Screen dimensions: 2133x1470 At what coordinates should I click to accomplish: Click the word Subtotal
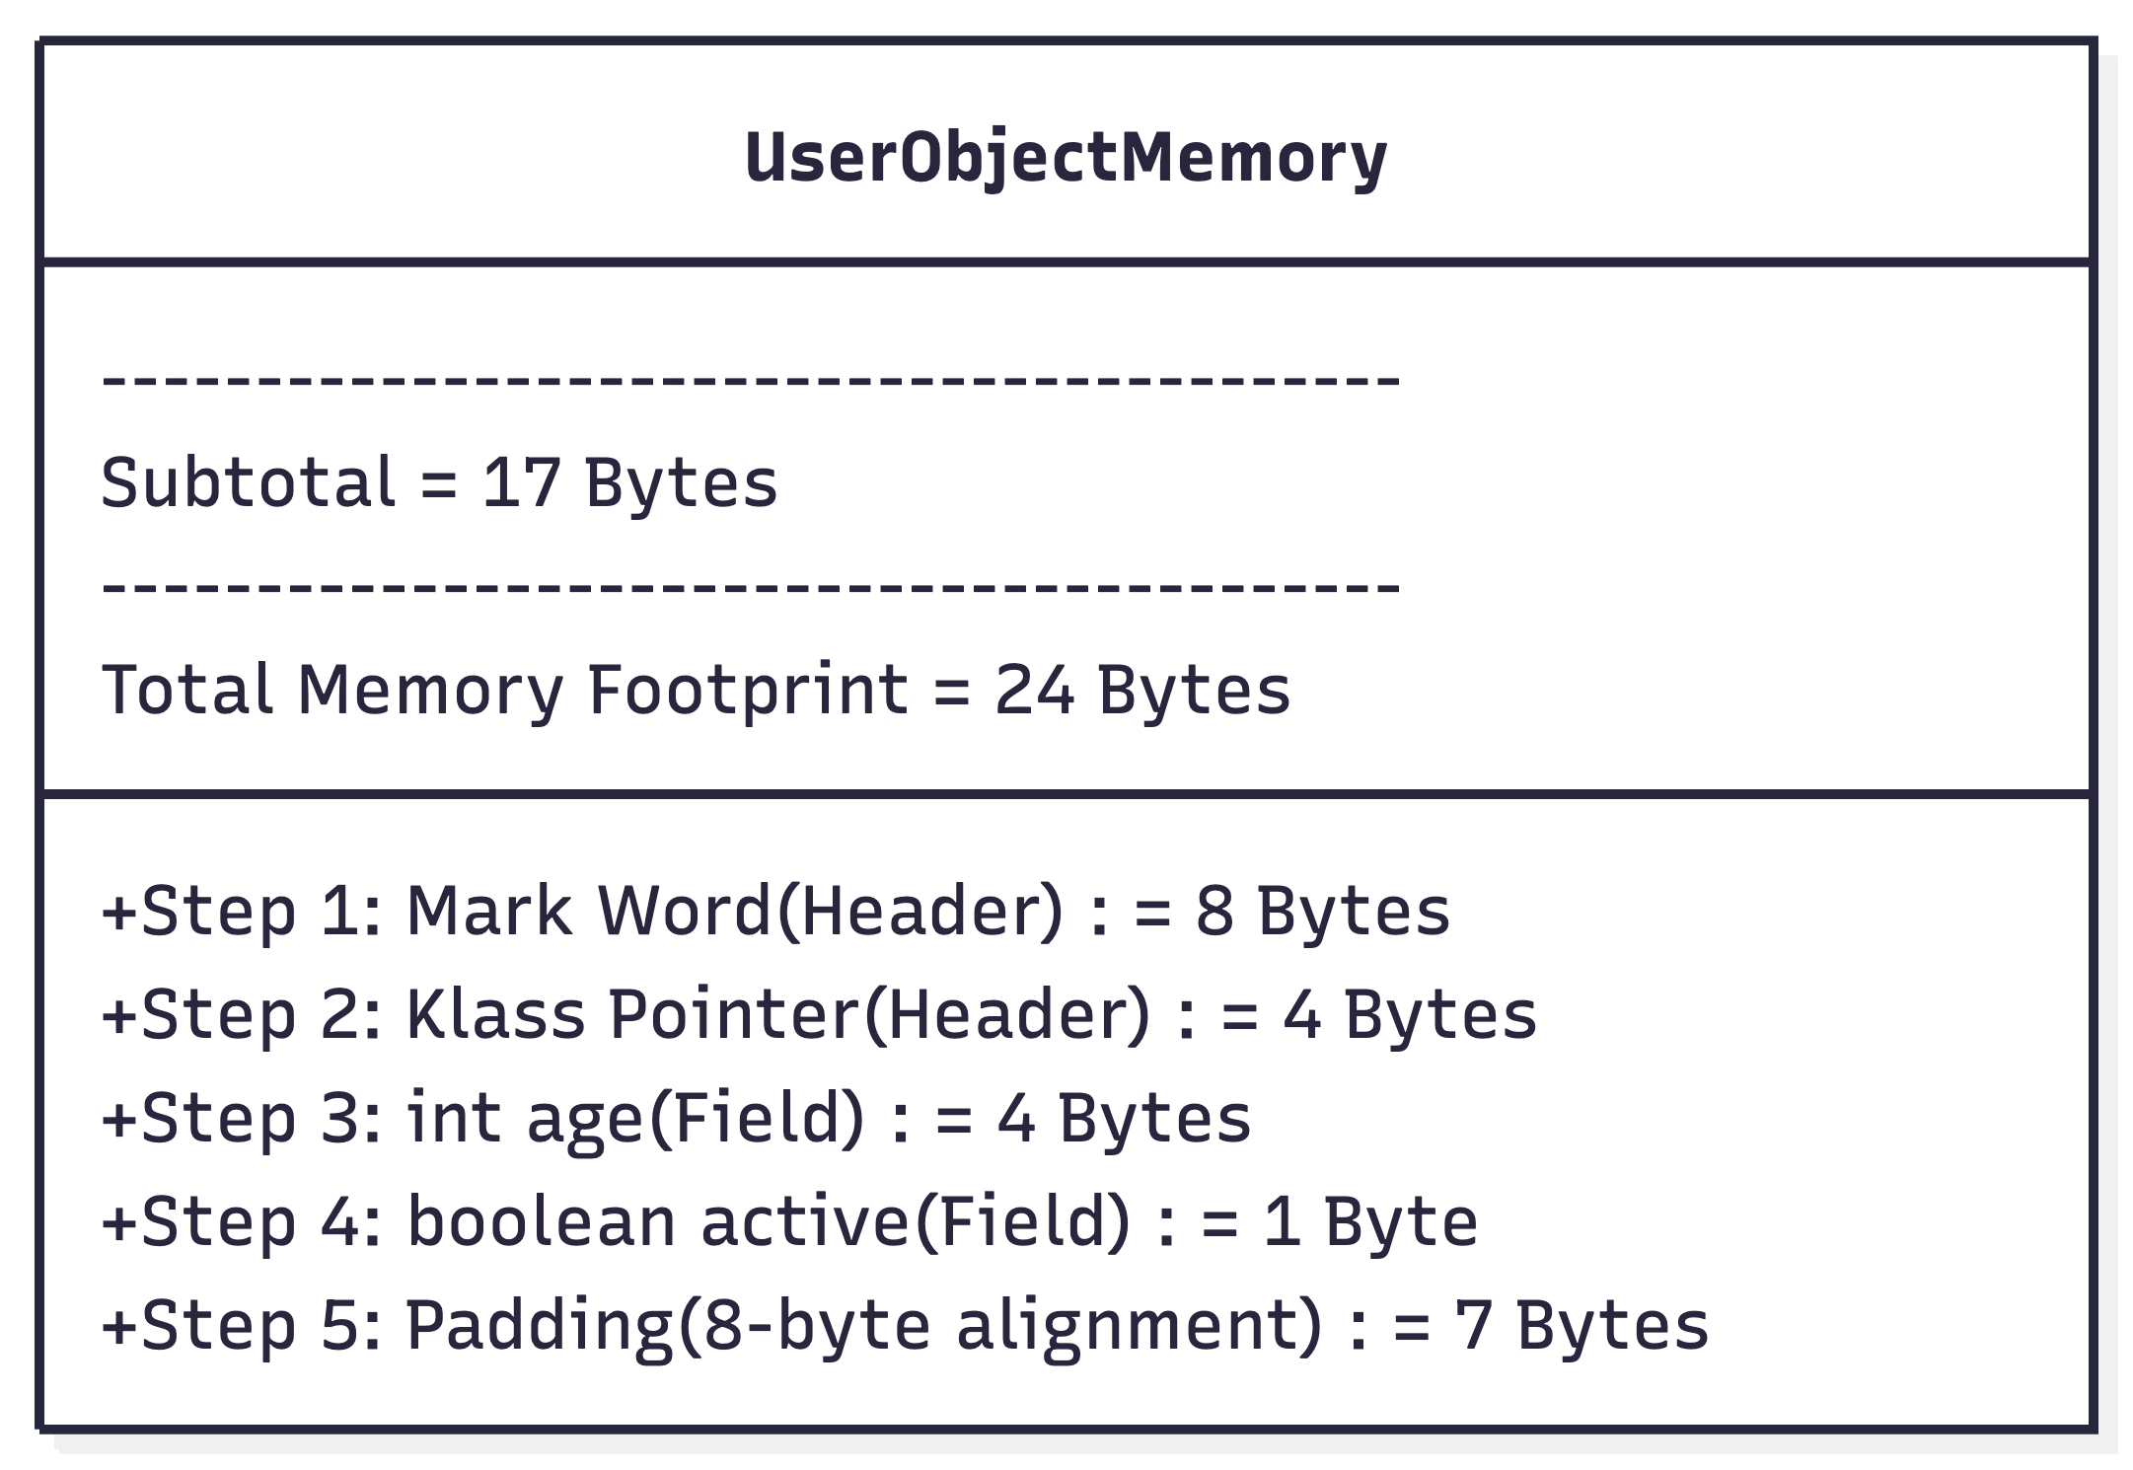tap(249, 482)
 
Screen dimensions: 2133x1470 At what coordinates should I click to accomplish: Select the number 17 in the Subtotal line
tap(522, 483)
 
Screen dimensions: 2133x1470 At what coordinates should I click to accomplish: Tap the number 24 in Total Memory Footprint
tap(1034, 689)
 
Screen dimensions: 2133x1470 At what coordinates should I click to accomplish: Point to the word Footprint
tap(747, 690)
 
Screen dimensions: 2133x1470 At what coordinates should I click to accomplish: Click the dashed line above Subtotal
tap(751, 379)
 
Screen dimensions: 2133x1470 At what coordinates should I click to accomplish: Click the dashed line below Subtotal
tap(751, 586)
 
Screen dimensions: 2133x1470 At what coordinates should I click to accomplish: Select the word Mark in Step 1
tap(489, 909)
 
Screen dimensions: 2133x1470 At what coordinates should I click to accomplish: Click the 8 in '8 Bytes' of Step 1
tap(1214, 910)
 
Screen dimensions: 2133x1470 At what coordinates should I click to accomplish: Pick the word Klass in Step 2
tap(496, 1013)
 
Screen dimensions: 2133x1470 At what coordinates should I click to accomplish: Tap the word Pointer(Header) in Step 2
tap(880, 1015)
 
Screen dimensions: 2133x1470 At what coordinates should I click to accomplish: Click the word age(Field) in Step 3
tap(696, 1119)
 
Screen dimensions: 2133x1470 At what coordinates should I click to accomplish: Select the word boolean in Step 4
tap(541, 1220)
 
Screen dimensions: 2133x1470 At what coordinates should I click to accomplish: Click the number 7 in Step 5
tap(1472, 1325)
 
